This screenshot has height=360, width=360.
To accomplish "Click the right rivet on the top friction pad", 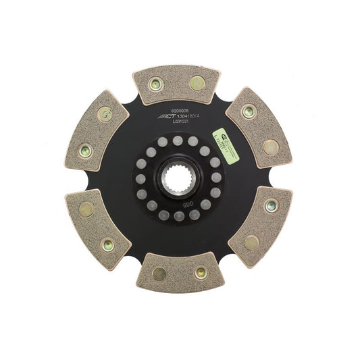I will pos(197,84).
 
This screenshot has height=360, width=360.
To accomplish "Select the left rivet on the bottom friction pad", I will pos(159,273).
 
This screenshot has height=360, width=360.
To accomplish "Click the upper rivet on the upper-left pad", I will pos(105,115).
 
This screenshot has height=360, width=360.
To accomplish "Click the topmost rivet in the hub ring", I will pos(179,140).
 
